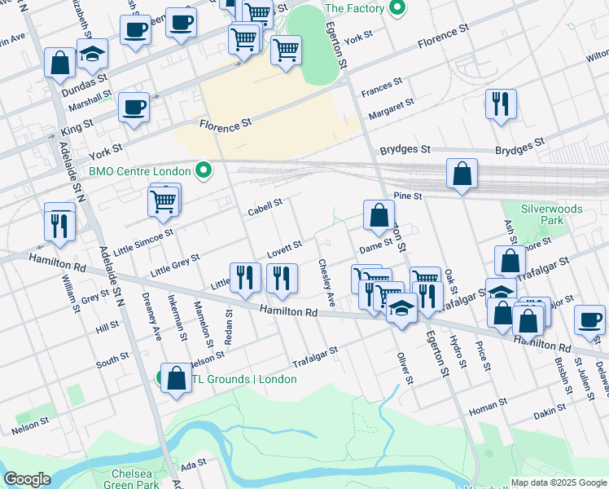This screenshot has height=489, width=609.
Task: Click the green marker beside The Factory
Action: pyautogui.click(x=397, y=9)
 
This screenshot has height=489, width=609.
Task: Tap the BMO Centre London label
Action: pyautogui.click(x=139, y=171)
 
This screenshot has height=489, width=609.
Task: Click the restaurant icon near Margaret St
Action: pyautogui.click(x=500, y=104)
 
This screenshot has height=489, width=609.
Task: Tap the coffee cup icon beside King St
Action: pyautogui.click(x=134, y=108)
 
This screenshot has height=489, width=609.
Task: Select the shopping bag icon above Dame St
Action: pyautogui.click(x=379, y=217)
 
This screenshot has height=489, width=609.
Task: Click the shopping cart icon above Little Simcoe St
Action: pyautogui.click(x=164, y=200)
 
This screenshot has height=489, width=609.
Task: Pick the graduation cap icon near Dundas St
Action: pyautogui.click(x=93, y=55)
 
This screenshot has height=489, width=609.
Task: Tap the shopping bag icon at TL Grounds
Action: pyautogui.click(x=176, y=379)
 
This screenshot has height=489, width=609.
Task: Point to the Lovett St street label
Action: pyautogui.click(x=285, y=245)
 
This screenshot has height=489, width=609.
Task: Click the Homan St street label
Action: pyautogui.click(x=488, y=403)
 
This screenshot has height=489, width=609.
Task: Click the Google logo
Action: pyautogui.click(x=27, y=480)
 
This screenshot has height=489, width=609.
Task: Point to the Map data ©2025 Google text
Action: pyautogui.click(x=558, y=482)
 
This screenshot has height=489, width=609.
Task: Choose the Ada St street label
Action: pyautogui.click(x=195, y=465)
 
